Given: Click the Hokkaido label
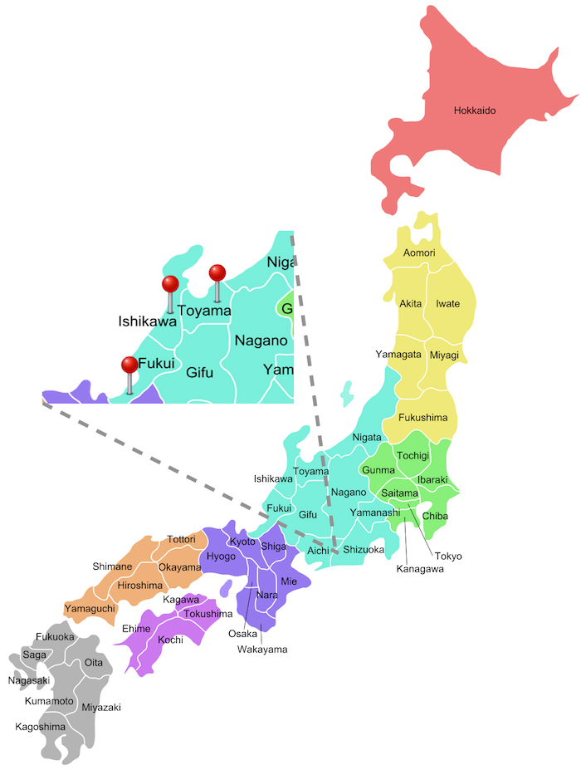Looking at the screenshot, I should pos(474,110).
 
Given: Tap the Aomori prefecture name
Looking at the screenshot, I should pos(418,253).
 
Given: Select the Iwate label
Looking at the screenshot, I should pos(447,304).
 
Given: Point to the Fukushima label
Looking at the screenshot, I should pos(422,417).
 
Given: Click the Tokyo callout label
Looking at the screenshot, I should pos(448,556).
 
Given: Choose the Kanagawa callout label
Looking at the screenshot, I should pos(420,569).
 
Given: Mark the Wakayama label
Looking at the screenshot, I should pos(262,649).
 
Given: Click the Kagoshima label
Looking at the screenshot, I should pos(40,727).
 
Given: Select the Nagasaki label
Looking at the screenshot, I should pos(29,680).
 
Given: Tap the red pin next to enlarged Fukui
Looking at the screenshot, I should pos(129,365).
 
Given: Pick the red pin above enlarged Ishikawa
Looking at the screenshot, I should pos(170,284).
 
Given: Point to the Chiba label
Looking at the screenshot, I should pos(435,516).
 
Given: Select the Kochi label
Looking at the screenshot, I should pos(170,640).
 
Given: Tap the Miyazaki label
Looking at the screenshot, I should pos(101,707).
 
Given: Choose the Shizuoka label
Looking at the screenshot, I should pos(363,550).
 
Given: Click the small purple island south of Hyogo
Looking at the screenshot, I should pos(225,587).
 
